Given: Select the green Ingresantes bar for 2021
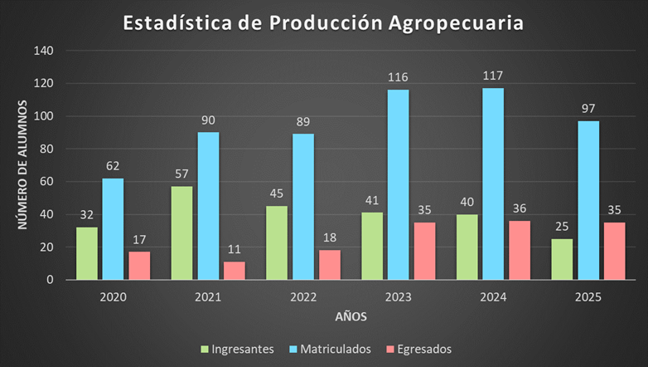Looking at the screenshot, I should (182, 233).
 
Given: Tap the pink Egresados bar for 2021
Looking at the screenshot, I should (235, 271).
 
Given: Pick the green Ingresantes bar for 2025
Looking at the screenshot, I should (562, 259).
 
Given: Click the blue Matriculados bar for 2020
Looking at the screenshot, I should (113, 229).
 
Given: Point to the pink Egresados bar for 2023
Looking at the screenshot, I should (425, 251).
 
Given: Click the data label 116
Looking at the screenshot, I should (398, 76).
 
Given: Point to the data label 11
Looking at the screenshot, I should (235, 248).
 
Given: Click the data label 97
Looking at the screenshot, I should (588, 108).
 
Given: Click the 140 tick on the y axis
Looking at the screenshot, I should (43, 51).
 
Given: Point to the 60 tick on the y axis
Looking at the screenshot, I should (46, 182).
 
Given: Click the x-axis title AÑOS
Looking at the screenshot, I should (351, 317).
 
